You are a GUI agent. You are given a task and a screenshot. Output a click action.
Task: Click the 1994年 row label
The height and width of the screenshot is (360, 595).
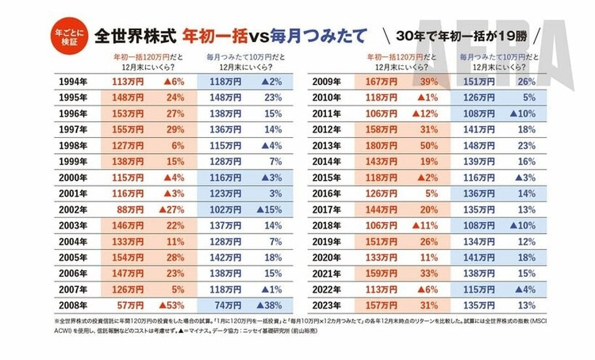(x=72, y=81)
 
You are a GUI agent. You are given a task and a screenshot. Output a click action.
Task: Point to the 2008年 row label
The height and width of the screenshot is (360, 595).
(x=72, y=303)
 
